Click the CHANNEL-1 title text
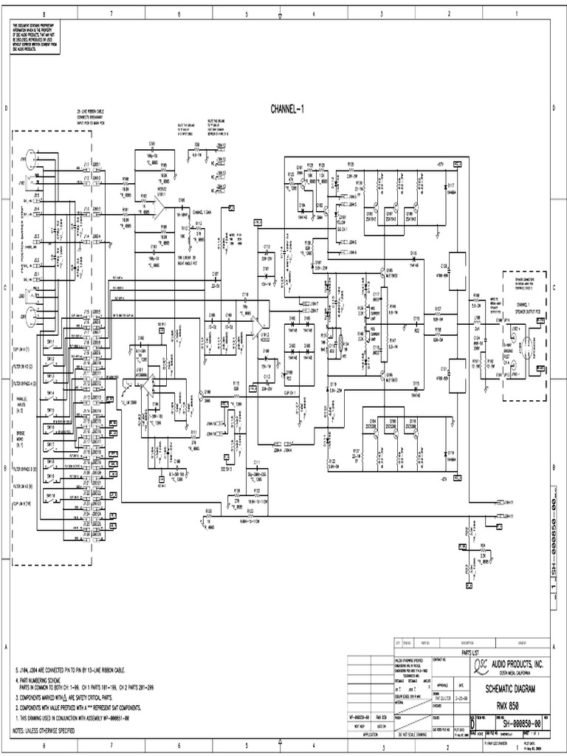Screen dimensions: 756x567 click(x=292, y=109)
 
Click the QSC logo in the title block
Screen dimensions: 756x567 click(x=458, y=666)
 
